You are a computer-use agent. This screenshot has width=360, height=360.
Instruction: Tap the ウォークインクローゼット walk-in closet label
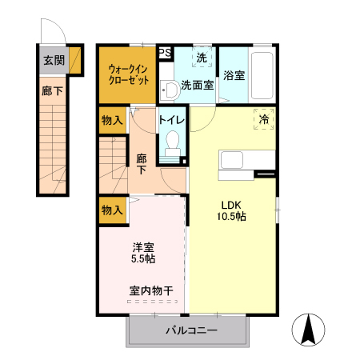(x=126, y=74)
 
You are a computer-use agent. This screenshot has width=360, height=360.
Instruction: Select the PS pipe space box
(x=165, y=53)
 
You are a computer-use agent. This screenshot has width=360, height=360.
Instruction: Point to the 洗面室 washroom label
(x=197, y=84)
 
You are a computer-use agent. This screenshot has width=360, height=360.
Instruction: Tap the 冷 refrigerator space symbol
(x=264, y=118)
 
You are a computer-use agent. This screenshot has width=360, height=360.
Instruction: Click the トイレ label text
(x=172, y=120)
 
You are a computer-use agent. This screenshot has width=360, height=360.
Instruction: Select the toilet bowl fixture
(x=171, y=146)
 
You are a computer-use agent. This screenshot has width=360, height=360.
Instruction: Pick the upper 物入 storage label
(x=112, y=121)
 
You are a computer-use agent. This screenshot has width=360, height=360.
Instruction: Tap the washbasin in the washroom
(x=168, y=88)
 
